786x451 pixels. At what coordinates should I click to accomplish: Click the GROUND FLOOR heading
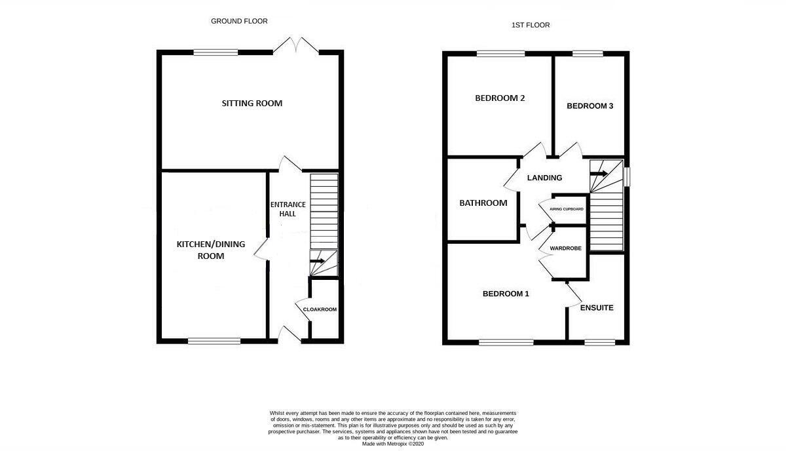coord(239,21)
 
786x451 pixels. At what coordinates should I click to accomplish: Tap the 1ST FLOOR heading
coord(531,25)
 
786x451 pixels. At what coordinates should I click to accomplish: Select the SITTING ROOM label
coord(252,104)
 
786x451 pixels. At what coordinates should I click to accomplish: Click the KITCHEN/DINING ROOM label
coord(210,250)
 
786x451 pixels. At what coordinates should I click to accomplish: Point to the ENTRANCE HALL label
coord(288,209)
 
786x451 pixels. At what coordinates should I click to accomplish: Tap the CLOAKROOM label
coord(320,309)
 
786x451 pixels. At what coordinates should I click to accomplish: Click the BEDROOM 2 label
coord(500,98)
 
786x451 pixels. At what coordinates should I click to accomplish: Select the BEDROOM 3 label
coord(590,106)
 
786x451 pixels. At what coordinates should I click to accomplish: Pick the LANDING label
coord(544,178)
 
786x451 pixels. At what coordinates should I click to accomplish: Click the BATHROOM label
coord(483,203)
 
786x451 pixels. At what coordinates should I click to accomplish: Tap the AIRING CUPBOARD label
coord(567,209)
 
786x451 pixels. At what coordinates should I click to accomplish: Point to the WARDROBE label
coord(566,248)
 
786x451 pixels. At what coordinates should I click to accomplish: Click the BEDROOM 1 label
coord(506,294)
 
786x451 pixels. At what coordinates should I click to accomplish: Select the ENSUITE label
coord(597,307)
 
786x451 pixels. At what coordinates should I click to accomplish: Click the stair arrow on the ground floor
coord(317,261)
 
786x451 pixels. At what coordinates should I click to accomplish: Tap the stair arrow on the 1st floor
coord(599,174)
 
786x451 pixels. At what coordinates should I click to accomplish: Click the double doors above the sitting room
coord(296,46)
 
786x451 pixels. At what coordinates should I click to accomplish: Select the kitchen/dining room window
coord(214,341)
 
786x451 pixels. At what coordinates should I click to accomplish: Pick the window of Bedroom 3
coord(588,54)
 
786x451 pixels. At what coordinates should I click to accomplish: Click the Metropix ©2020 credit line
coord(393,444)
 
